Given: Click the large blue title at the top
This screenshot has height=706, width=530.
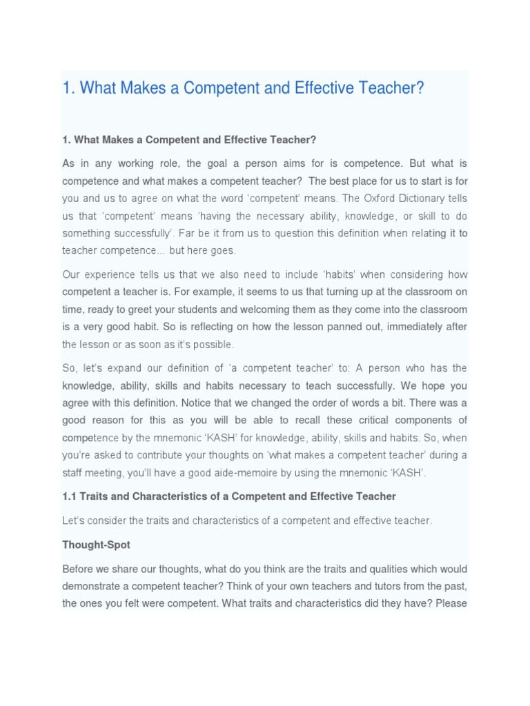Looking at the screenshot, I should click(243, 88).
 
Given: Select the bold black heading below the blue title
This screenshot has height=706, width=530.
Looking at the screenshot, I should click(189, 140).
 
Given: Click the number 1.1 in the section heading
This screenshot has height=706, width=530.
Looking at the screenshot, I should click(70, 496).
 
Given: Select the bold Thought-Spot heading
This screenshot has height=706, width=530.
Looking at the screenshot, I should click(96, 545).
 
